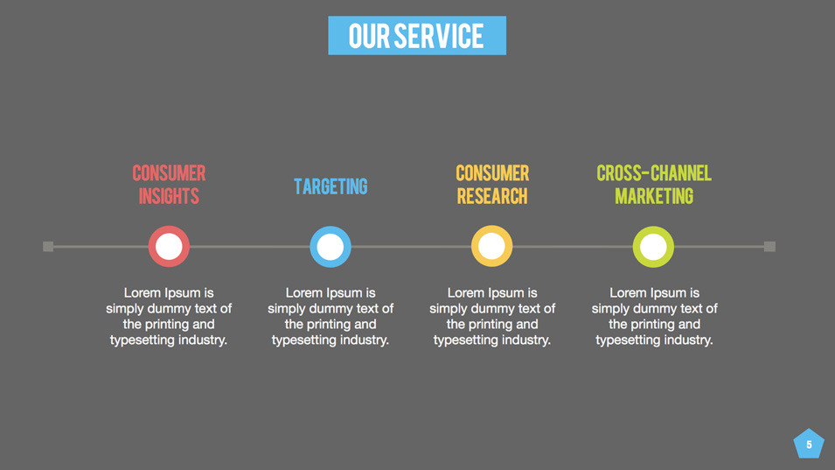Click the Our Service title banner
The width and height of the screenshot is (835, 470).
click(417, 36)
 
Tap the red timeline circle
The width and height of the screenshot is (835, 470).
click(169, 247)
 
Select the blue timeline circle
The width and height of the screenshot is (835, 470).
click(331, 247)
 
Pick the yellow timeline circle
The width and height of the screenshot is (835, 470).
click(491, 247)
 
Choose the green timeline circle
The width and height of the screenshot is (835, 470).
click(653, 247)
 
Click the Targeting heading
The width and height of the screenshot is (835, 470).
click(331, 186)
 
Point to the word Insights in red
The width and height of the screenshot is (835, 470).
click(169, 196)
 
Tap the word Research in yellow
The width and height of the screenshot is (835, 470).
click(492, 196)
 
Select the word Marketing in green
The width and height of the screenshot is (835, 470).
click(654, 196)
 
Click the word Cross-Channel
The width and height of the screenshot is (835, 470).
click(654, 173)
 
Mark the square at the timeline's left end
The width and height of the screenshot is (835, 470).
click(48, 247)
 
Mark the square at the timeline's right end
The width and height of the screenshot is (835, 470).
click(769, 247)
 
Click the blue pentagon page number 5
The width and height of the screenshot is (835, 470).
click(809, 445)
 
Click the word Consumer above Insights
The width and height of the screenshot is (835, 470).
click(169, 173)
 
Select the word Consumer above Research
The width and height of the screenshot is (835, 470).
click(492, 173)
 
